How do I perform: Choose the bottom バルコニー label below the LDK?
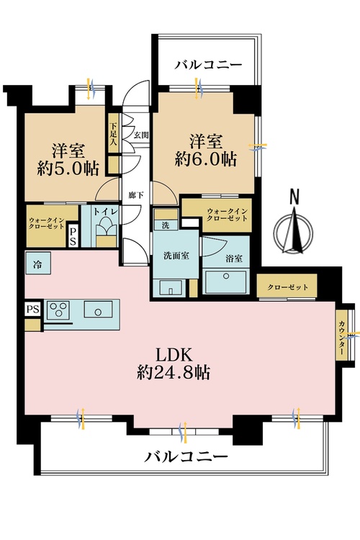pos(186,456)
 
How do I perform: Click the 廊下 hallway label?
pos(134,195)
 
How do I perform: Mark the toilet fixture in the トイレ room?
pos(106,230)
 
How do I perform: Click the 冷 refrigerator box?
pos(36,264)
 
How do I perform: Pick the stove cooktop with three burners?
pos(59,310)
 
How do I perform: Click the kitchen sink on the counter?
pos(95,310)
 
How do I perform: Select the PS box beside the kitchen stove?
pos(31,309)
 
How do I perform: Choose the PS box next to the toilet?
pos(73,235)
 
